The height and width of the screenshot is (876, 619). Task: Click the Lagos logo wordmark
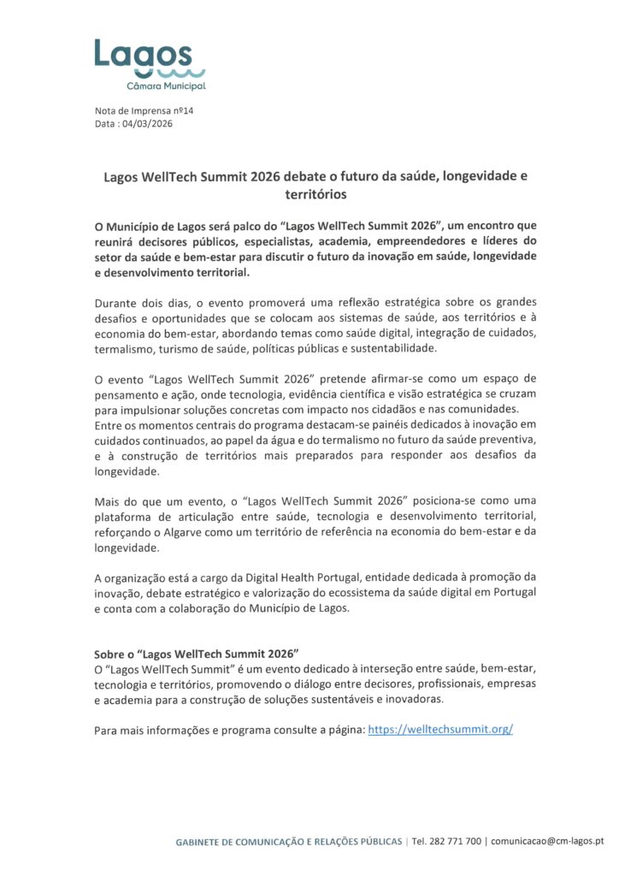point(143,54)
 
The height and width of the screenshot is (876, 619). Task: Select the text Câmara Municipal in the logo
point(166,86)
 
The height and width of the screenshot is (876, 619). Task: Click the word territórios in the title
point(309,195)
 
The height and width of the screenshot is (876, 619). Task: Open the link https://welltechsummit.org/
point(439,730)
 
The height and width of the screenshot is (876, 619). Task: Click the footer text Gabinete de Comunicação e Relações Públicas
point(288,842)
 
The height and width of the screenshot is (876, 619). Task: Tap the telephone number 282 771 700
point(455,842)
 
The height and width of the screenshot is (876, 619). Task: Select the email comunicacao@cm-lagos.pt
point(548,842)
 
